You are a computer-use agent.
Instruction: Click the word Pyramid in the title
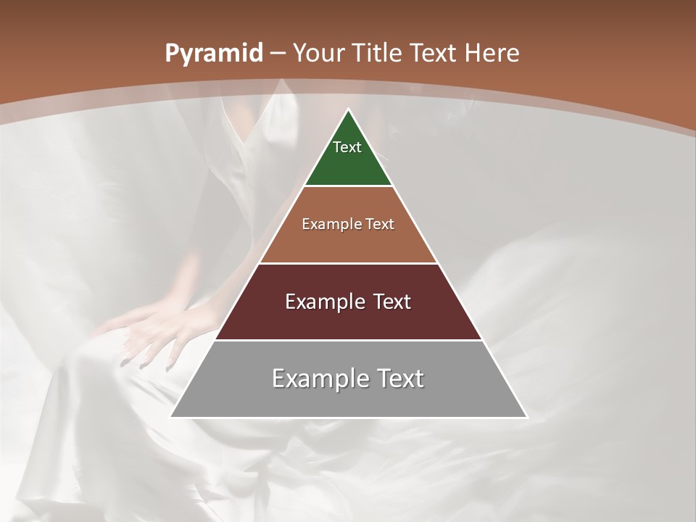pos(213,54)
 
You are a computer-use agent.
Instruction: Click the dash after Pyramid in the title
pos(278,54)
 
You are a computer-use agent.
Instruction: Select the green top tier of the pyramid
pos(348,163)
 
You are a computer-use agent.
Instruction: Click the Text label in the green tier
pos(347,147)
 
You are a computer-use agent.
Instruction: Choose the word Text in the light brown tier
pos(381,225)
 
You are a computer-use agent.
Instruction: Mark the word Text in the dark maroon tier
pos(392,302)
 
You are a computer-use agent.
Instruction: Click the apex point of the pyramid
pos(348,110)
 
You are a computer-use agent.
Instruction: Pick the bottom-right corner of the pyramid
pos(526,417)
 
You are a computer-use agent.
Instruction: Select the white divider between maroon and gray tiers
pos(348,340)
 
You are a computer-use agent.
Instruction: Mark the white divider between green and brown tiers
pos(348,186)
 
